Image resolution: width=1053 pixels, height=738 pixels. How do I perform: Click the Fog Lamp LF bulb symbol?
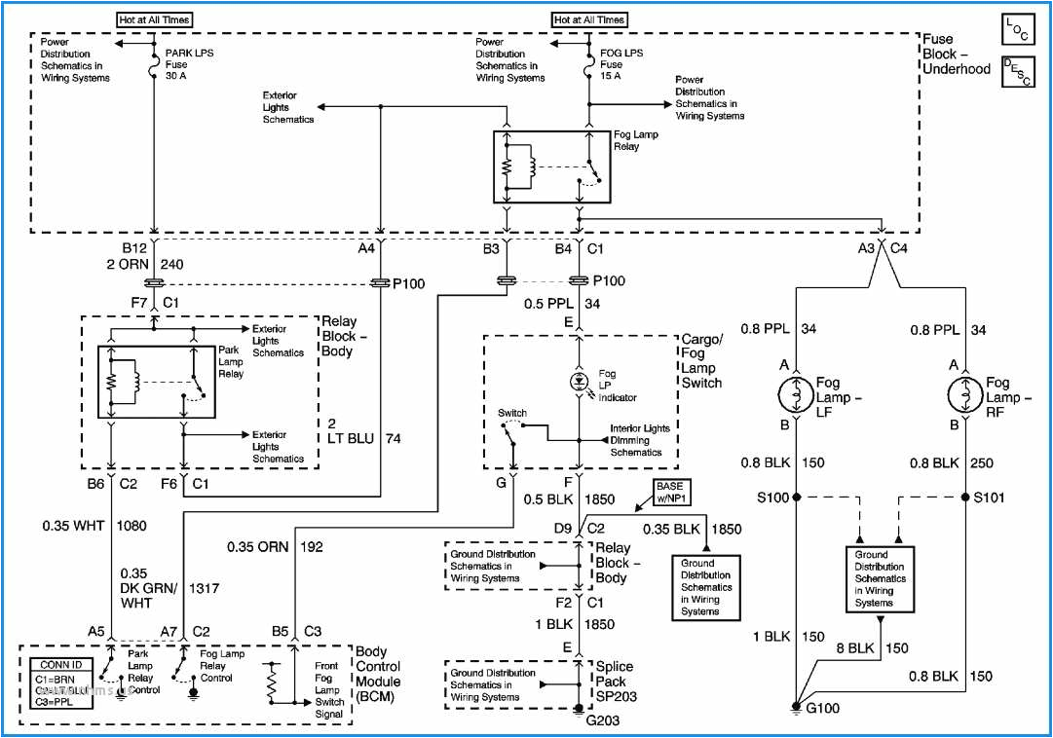coord(796,397)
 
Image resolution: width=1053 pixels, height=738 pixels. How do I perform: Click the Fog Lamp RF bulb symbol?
coord(964,397)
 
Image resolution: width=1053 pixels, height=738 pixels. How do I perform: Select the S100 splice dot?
coord(796,497)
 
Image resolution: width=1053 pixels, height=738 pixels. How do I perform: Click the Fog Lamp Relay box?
coord(552,166)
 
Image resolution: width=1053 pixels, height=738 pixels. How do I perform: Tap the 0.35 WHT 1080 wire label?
coord(94,525)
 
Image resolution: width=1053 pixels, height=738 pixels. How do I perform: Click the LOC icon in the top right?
coord(1019,29)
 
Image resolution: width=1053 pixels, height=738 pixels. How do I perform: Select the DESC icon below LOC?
coord(1019,72)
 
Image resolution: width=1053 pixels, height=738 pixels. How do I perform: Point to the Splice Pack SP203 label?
coord(615,682)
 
